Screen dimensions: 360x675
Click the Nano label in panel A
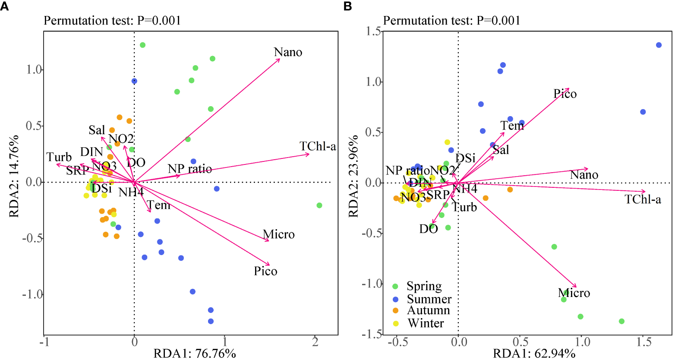[288, 52]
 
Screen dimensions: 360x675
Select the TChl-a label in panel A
[318, 147]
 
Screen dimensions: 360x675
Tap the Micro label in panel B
[574, 293]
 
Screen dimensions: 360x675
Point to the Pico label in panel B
[565, 94]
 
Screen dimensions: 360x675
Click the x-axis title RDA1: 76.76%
[195, 354]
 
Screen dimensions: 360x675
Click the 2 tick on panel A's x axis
[315, 342]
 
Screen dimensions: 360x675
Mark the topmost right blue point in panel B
[659, 45]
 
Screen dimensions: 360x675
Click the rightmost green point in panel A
[319, 205]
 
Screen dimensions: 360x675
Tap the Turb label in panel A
[59, 157]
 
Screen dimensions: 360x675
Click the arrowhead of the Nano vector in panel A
[280, 59]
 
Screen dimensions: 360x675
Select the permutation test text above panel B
[451, 20]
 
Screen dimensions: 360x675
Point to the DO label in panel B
[428, 229]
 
